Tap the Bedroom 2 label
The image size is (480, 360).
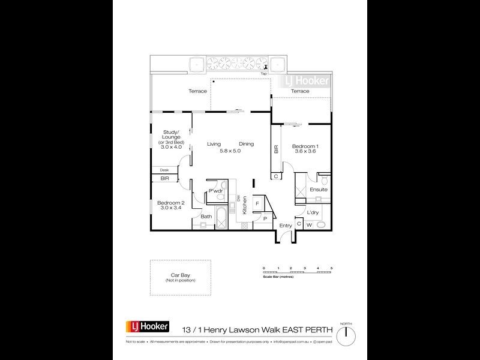(170, 203)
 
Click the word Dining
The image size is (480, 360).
(247, 144)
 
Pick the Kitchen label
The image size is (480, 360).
(245, 208)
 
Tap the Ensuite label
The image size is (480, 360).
(318, 190)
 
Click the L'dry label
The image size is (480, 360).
(313, 212)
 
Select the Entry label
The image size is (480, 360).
(285, 226)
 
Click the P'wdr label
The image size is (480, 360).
(215, 191)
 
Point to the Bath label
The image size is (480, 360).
(206, 217)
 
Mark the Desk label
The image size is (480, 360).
(164, 170)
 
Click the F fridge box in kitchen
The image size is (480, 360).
(257, 204)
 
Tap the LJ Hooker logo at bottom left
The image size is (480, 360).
(147, 327)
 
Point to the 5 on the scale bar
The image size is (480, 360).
(331, 267)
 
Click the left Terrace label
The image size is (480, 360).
(198, 91)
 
